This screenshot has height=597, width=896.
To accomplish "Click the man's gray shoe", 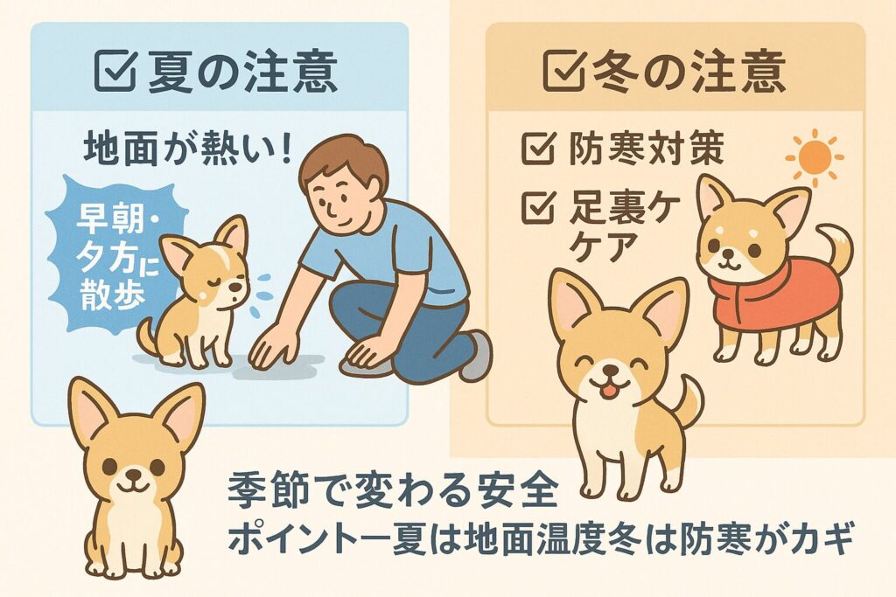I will (x=477, y=354).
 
